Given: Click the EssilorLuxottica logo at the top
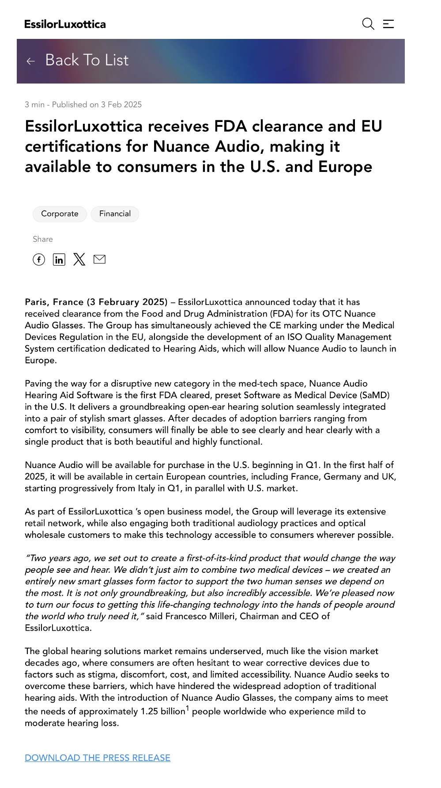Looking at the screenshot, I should click(x=65, y=24).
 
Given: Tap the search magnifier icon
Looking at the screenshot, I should click(x=368, y=24).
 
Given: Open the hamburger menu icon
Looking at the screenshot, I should click(x=388, y=24).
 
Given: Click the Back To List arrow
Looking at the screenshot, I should click(x=31, y=61).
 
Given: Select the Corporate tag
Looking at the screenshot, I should click(x=60, y=214).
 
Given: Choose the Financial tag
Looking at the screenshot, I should click(x=115, y=214).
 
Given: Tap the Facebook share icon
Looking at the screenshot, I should click(x=39, y=259).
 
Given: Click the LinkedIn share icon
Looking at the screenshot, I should click(x=59, y=259).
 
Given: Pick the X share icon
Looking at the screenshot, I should click(x=79, y=259).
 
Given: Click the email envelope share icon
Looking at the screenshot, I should click(x=100, y=259).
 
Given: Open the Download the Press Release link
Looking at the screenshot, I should click(x=98, y=758).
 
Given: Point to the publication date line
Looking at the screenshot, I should click(x=83, y=105).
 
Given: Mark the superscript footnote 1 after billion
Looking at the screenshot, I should click(x=187, y=708).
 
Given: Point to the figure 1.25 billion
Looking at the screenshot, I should click(x=163, y=712).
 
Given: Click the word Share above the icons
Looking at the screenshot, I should click(x=43, y=239).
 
